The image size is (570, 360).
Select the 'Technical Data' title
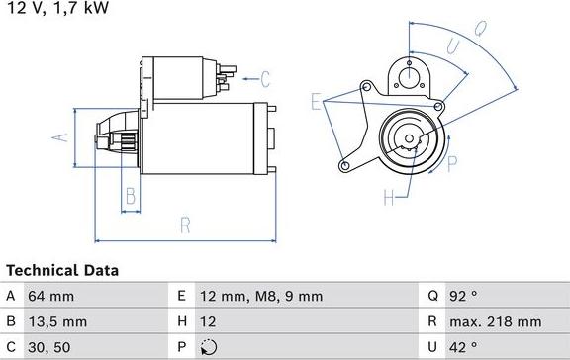(x=61, y=270)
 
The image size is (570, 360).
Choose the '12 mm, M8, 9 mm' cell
(x=260, y=296)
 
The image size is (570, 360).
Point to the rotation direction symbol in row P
(x=206, y=347)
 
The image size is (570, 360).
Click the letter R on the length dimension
(x=184, y=225)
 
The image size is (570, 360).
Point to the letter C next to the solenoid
(x=265, y=76)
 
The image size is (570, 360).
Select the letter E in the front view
(x=316, y=102)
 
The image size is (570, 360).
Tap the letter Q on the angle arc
(x=479, y=30)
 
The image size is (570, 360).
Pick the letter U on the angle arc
(x=451, y=45)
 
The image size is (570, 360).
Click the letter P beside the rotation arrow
(x=452, y=163)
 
